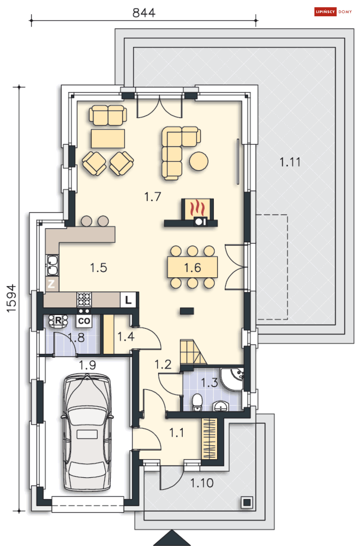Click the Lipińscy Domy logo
pos(333,12)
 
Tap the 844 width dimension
pos(144,13)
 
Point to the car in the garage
pos(87,432)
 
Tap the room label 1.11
pos(290,162)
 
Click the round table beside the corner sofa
pos(199,161)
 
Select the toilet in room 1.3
pos(197,402)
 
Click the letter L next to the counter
pos(128,300)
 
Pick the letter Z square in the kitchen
pos(51,284)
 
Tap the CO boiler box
pos(84,321)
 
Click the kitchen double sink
pos(52,265)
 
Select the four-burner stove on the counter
pos(84,299)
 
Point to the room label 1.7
pos(153,197)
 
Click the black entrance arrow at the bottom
pos(172,538)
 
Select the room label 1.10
pos(202,483)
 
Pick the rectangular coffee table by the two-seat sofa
pos(108,139)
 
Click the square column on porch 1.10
pos(247,502)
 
